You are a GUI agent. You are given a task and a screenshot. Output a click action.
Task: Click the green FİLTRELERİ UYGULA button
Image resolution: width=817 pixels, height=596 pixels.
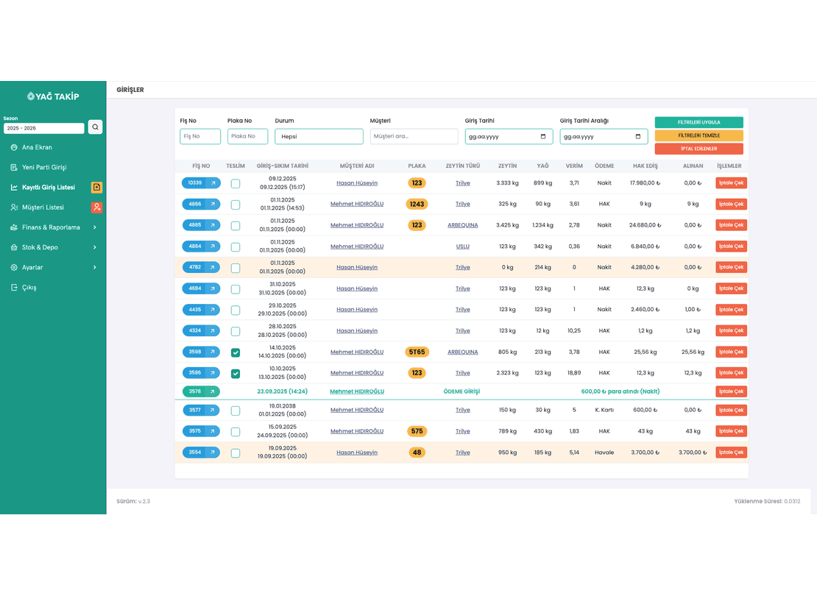coord(698,122)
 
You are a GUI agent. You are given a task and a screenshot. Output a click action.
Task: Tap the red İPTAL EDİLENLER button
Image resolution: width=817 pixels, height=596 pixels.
coord(698,149)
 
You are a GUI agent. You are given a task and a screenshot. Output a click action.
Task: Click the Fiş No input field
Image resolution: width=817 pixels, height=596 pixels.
coord(200,137)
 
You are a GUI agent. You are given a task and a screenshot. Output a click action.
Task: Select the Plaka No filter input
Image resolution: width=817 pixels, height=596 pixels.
coord(247,137)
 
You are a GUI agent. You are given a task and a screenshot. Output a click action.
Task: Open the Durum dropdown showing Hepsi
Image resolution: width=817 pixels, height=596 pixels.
coord(319,137)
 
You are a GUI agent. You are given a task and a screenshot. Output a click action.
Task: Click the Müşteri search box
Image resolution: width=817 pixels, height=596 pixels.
coord(414,137)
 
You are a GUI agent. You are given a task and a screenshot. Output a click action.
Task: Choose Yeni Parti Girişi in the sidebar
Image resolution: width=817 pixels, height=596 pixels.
coord(44,167)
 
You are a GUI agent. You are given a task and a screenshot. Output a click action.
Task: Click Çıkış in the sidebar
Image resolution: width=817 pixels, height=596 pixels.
coord(29,288)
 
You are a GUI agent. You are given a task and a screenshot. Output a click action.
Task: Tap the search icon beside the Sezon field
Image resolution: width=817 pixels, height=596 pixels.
coord(96,127)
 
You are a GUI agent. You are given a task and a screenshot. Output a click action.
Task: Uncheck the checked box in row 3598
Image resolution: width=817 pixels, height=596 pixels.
coord(236,352)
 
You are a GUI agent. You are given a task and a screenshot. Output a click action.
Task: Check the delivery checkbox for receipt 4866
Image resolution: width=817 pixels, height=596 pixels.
coord(236,205)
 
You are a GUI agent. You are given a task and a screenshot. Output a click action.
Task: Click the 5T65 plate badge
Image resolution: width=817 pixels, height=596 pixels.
coord(417,352)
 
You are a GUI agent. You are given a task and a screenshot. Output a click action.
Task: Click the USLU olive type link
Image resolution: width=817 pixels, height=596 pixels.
coord(463,246)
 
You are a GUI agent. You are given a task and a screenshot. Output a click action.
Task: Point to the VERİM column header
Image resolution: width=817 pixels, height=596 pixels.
coord(574,166)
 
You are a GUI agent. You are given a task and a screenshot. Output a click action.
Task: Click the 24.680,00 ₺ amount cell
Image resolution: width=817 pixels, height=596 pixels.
coord(645,225)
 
